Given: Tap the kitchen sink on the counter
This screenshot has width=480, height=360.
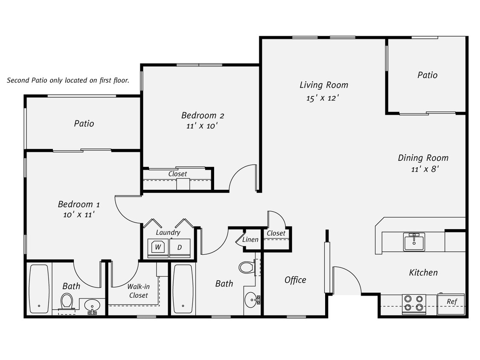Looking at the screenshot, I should [x=414, y=242].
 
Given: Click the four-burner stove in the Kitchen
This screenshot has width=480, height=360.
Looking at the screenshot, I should [x=414, y=303].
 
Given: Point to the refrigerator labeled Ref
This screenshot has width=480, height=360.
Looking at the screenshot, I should [x=451, y=304].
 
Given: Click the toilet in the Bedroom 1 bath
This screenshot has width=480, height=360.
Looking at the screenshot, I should [x=67, y=302].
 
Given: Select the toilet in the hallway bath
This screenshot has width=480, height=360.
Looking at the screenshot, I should [x=246, y=267].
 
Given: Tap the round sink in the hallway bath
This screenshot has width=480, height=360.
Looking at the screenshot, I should [x=252, y=300].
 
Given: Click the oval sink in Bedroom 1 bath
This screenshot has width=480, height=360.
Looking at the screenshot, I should [x=92, y=305].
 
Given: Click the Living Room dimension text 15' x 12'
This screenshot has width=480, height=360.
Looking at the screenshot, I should [x=323, y=98].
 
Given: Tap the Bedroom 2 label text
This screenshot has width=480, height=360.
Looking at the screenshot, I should [x=203, y=115].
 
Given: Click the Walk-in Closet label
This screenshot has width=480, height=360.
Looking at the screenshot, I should [x=138, y=291].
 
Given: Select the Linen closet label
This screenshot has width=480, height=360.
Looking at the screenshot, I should [x=250, y=240].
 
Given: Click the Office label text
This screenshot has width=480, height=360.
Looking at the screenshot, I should [x=295, y=280].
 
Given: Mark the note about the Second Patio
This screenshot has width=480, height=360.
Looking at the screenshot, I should [x=68, y=80].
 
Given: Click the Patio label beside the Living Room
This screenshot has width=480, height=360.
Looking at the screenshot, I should [x=427, y=75].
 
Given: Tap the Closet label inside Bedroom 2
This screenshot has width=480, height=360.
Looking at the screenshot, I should [x=177, y=174].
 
